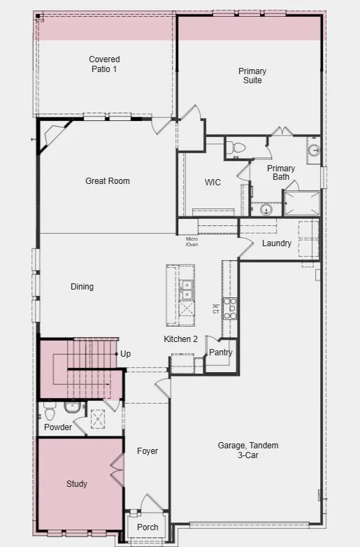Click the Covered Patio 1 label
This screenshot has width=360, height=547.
click(x=104, y=64)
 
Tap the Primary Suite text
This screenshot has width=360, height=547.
click(x=252, y=76)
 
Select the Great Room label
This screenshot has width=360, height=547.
click(x=108, y=181)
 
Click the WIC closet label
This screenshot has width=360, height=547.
click(x=213, y=183)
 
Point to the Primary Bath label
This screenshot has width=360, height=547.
click(x=281, y=173)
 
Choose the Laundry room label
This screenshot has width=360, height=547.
click(x=277, y=243)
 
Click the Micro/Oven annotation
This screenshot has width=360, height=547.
click(x=192, y=242)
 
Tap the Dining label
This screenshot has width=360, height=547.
click(x=82, y=287)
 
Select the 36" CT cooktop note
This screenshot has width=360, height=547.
click(x=216, y=308)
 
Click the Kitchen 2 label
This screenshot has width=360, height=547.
click(x=181, y=339)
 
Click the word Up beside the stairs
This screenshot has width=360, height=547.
click(x=125, y=354)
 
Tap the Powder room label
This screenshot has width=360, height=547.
click(x=58, y=427)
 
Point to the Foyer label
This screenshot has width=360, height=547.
click(x=147, y=451)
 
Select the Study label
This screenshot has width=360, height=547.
click(x=77, y=484)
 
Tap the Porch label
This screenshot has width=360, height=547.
click(x=147, y=527)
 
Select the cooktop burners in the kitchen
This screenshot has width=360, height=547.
click(x=230, y=308)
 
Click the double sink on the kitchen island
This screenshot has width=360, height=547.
click(x=187, y=290)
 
